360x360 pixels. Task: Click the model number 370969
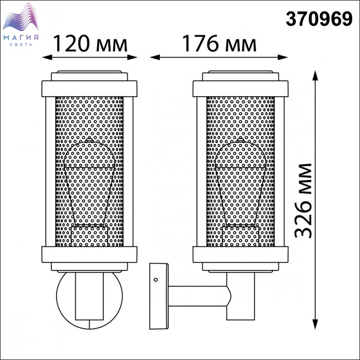(x=319, y=20)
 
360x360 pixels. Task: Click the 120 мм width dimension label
(x=90, y=43)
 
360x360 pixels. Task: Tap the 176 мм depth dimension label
(x=219, y=43)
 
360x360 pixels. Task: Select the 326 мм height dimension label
(x=303, y=201)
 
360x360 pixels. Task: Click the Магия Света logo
(x=21, y=25)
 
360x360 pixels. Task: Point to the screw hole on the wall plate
(x=156, y=280)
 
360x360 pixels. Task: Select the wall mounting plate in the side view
(x=159, y=296)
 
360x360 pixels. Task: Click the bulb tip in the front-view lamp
(x=89, y=139)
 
